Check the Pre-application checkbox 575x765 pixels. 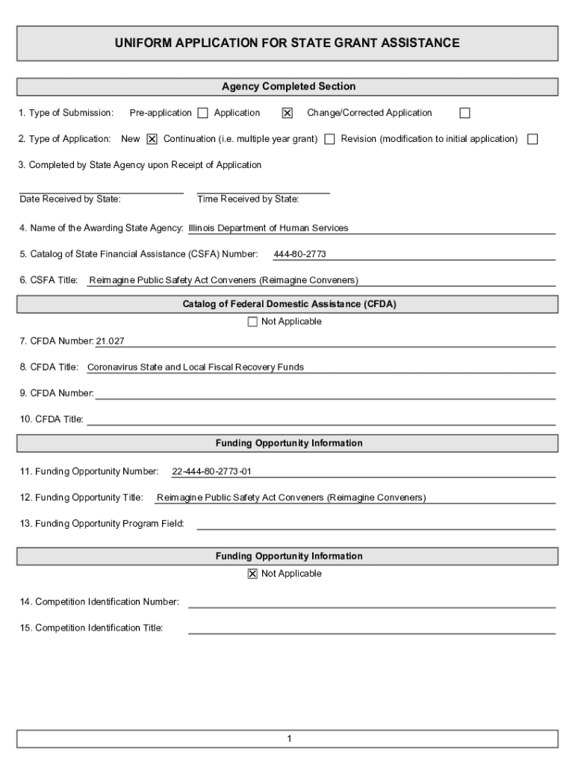pos(202,114)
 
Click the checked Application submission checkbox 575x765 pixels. pos(287,114)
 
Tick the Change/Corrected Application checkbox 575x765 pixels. pos(464,114)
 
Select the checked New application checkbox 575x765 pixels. pos(152,139)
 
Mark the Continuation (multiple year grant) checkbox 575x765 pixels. pos(329,139)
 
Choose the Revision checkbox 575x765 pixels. pos(532,139)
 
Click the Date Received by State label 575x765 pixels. pos(70,199)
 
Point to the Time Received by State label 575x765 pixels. pos(248,199)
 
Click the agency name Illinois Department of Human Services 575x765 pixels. pos(268,228)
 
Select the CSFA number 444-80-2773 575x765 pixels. pos(299,254)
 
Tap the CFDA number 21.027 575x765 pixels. pos(110,341)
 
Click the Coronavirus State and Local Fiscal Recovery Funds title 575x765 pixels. pos(196,367)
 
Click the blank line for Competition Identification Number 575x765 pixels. pos(371,602)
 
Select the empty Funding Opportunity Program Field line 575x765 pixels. pos(376,524)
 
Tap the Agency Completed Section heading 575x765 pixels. pos(287,87)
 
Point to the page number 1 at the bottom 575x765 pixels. pos(288,739)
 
